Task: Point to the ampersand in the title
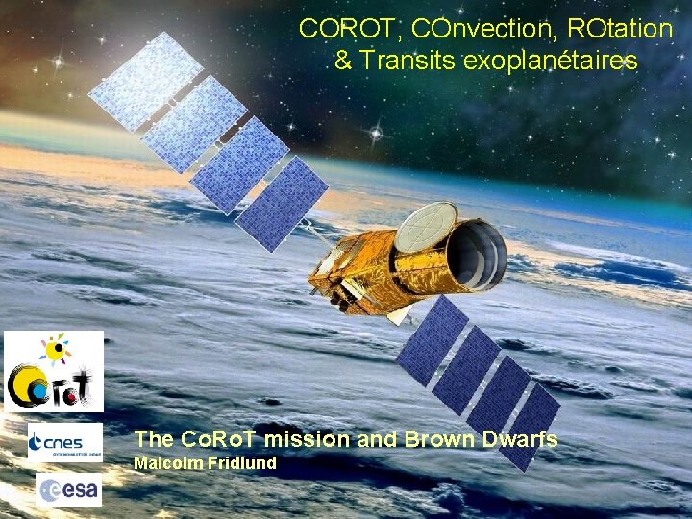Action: [343, 62]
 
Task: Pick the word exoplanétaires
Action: [551, 62]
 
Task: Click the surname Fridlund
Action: [239, 464]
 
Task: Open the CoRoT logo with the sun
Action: [54, 371]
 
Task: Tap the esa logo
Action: [68, 490]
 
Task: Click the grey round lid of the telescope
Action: [426, 227]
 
